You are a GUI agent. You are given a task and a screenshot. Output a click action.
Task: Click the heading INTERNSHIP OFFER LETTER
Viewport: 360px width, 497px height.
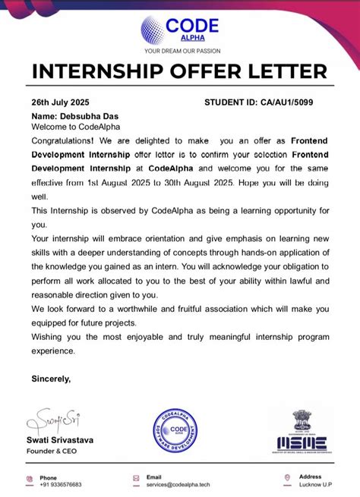coord(180,73)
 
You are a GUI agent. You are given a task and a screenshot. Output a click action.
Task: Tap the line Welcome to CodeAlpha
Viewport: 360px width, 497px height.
coord(75,127)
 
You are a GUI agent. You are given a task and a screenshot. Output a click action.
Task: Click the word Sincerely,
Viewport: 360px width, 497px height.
coord(51,378)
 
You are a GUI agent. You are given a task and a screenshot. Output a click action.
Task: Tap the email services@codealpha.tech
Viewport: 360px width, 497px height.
coord(178,484)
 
